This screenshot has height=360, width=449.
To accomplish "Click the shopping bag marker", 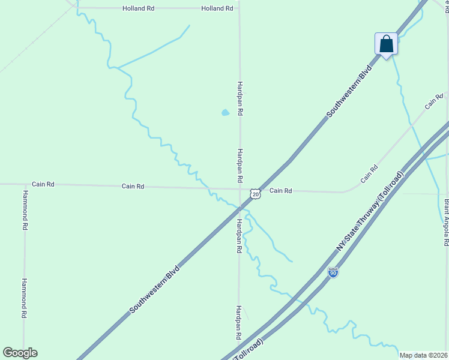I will click(386, 44).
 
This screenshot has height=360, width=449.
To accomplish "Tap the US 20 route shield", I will click(256, 194).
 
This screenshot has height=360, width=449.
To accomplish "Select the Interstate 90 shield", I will click(333, 272).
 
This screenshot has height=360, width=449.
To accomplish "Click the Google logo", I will click(20, 353).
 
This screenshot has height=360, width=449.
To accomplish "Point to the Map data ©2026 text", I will click(424, 355).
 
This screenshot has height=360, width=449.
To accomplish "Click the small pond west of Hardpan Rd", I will click(225, 112).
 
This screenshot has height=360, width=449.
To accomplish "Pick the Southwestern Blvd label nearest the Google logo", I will click(154, 289).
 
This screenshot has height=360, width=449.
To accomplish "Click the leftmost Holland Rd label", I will click(139, 8).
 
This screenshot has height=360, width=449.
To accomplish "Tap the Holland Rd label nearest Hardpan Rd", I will click(217, 8).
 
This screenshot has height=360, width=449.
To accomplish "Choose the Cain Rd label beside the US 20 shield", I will click(280, 191).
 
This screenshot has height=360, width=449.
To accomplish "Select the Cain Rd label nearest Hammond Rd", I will click(43, 184).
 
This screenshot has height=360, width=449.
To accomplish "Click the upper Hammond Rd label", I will click(25, 211).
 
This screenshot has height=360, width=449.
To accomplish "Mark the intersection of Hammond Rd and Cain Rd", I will click(25, 184).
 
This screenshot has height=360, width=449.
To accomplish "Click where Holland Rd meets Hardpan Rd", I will click(240, 8).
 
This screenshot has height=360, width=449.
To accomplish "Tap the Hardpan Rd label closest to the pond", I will click(240, 98).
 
